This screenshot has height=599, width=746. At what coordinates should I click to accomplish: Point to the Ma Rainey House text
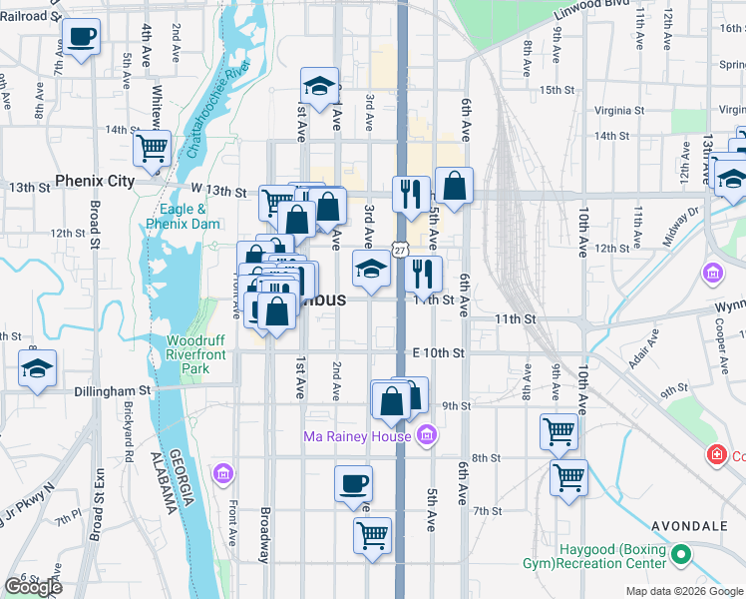coord(357,436)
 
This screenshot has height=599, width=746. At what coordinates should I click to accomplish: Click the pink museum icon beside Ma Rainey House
coord(426,434)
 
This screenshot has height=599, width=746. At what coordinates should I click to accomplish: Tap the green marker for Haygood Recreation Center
coord(681,553)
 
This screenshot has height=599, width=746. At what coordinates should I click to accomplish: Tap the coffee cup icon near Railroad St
coord(84,37)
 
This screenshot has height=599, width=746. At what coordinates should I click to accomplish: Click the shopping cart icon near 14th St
coord(152,148)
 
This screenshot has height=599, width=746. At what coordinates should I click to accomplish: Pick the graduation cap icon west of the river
coord(38,368)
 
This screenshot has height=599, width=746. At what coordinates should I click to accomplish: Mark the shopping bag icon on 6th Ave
coord(454,185)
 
